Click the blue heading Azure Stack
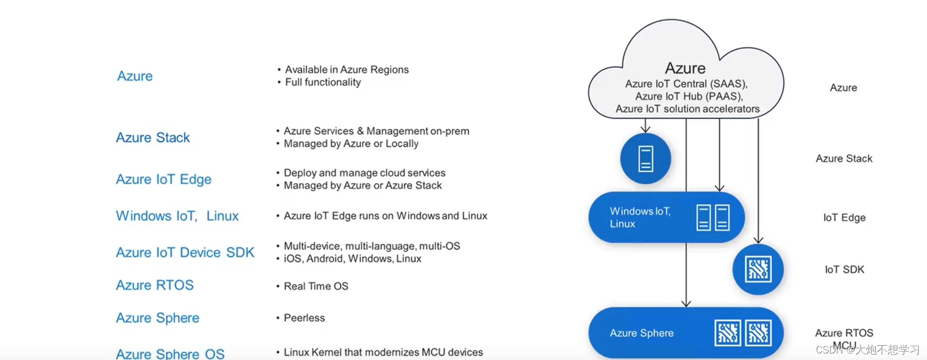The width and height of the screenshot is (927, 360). point(153,137)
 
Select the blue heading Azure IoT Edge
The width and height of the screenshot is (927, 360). point(164,179)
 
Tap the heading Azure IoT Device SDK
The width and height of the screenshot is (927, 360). point(185,253)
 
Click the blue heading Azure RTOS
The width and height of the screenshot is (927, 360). point(155,285)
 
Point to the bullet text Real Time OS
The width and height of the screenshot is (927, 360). point(316,286)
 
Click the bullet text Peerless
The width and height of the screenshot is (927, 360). point(304,318)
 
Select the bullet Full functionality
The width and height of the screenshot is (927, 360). point(323,82)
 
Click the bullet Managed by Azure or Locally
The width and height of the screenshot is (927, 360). point(351,144)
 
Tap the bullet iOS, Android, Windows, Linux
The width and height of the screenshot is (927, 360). point(352,259)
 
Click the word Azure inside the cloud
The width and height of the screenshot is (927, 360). point(685,68)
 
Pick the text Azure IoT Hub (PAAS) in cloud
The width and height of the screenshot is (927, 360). point(688,97)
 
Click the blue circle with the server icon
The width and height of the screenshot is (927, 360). point(646,159)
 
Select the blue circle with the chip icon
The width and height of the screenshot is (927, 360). point(758,269)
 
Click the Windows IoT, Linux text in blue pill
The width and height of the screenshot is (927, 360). point(639,217)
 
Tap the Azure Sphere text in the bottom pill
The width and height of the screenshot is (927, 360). point(641,333)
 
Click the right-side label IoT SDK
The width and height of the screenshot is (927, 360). point(844,269)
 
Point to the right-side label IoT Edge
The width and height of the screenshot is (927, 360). point(844,218)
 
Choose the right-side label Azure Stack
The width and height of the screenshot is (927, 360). point(844,159)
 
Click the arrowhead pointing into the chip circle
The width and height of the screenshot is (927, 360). point(758,240)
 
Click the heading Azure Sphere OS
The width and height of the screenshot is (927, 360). point(170,353)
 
